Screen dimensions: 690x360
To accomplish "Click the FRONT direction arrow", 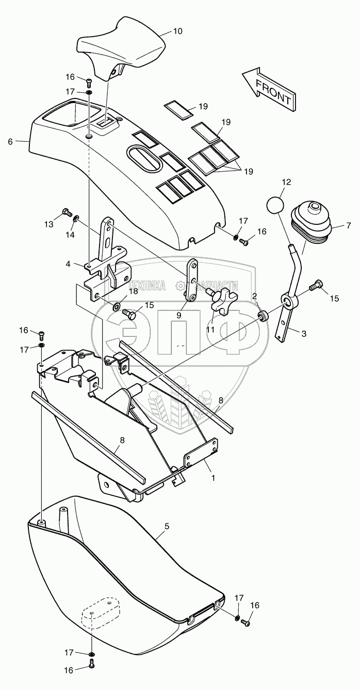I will [268, 89].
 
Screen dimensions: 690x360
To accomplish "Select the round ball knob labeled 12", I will [276, 204].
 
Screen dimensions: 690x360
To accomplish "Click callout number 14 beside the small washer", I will [70, 235].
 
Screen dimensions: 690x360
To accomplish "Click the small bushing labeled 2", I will [263, 316].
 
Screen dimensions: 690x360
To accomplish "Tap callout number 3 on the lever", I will [303, 334].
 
